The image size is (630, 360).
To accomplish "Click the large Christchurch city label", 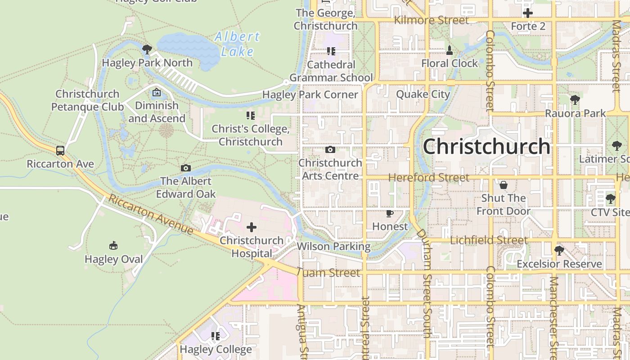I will tap(486, 147).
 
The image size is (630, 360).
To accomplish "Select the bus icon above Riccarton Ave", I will tap(60, 150).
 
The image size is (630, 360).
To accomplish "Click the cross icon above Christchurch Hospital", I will tap(252, 227).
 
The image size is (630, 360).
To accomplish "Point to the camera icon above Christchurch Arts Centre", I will tap(330, 149).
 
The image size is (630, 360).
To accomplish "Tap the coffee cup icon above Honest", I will tap(390, 213).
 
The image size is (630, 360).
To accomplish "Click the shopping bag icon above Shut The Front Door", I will tap(504, 185).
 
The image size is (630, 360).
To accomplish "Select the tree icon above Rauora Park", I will tap(575, 100).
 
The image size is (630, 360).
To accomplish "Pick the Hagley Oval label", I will tap(114, 259).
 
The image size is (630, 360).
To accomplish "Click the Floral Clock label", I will tap(450, 63).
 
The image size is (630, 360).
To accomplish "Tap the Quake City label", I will tap(423, 94).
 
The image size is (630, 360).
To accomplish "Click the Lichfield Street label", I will tap(489, 240).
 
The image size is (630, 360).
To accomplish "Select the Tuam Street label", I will tap(329, 273).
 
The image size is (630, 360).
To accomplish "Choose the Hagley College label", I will tap(216, 349).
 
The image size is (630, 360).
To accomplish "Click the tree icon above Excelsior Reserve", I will tap(559, 250).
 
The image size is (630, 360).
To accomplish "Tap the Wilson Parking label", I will tap(333, 246).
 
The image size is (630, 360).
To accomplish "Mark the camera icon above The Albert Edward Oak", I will tap(186, 168).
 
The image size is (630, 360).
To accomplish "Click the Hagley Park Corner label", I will tap(310, 95).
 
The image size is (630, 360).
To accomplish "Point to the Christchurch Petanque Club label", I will tap(87, 100).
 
